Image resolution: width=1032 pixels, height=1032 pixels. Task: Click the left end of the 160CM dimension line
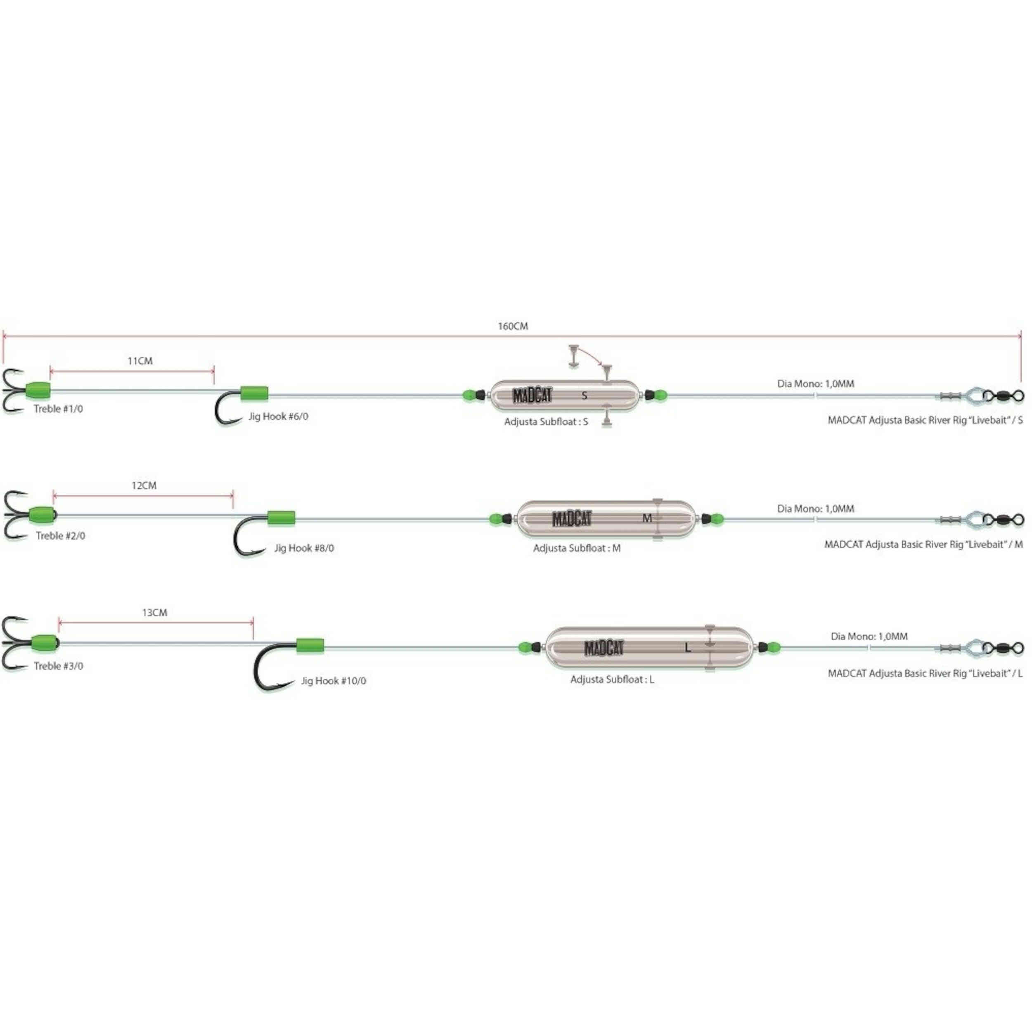4,336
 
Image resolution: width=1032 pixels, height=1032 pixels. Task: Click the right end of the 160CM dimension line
1021,336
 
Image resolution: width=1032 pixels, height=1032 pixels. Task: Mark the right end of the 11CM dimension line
214,370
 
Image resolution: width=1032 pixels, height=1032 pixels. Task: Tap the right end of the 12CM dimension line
233,496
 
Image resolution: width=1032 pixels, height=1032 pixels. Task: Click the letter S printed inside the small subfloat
585,395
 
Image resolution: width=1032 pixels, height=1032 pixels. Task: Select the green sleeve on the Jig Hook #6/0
254,394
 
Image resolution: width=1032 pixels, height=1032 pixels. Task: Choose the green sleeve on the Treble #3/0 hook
45,643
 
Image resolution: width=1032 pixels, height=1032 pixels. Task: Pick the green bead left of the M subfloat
495,518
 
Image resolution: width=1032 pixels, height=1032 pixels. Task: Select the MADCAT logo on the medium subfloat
572,518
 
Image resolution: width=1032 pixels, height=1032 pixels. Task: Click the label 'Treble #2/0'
60,536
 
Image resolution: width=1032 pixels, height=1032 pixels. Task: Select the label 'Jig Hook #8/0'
304,548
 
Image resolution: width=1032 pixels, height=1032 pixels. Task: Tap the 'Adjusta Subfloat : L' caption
612,679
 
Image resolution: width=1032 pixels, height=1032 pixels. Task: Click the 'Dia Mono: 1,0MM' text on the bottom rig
869,636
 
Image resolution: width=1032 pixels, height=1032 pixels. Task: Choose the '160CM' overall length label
513,326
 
